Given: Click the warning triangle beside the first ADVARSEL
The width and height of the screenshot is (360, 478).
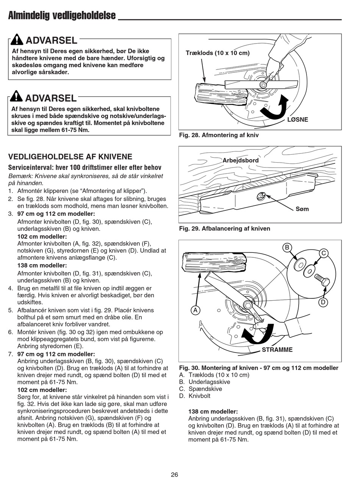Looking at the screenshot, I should (x=17, y=39).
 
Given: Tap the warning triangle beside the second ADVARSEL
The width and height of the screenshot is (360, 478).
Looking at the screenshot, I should (x=17, y=97).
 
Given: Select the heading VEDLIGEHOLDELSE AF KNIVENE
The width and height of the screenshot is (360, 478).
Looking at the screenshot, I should (x=70, y=157).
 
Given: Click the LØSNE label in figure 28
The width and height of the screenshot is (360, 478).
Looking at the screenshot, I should (x=298, y=119).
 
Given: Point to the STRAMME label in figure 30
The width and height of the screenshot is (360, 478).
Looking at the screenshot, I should (x=277, y=349).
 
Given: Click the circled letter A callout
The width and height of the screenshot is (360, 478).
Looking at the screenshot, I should (x=196, y=310).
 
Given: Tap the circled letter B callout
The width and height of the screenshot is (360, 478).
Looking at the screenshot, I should (x=287, y=248).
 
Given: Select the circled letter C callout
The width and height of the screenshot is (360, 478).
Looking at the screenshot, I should (x=324, y=253).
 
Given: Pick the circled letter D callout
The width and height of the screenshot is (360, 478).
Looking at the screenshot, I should (x=323, y=302).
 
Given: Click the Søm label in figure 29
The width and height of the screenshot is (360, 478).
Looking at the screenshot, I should (x=302, y=209).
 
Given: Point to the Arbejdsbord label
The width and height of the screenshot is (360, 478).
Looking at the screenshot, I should (x=240, y=160).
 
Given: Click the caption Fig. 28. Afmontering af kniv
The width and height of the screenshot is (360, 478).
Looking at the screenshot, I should (x=219, y=135).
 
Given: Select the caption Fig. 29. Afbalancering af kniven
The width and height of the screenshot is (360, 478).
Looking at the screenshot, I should (x=224, y=228).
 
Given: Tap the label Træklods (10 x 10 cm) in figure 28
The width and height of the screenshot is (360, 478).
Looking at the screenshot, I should (x=218, y=53).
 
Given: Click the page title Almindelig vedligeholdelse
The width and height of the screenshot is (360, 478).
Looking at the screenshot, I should (x=62, y=16).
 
